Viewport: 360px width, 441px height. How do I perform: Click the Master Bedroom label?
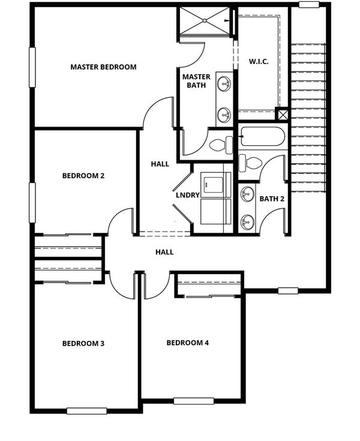click(x=103, y=67)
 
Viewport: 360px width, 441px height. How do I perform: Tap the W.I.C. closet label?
click(x=259, y=61)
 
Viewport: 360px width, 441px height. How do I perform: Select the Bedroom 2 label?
click(x=83, y=176)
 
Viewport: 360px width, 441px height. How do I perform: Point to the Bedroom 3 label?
click(x=83, y=343)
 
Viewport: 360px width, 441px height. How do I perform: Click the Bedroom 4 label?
click(x=188, y=343)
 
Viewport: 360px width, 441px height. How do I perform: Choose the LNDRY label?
click(x=188, y=195)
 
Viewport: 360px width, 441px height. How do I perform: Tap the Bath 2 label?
click(x=272, y=199)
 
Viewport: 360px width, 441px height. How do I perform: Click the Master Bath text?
click(x=196, y=81)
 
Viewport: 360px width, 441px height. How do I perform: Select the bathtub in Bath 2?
click(x=262, y=136)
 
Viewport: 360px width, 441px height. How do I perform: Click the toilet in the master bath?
click(x=221, y=145)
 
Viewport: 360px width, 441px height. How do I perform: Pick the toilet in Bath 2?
click(x=250, y=163)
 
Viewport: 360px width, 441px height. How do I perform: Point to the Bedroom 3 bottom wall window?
click(x=86, y=411)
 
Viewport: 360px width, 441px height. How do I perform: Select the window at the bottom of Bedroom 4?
click(x=193, y=401)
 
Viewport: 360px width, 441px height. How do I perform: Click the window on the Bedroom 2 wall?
click(x=32, y=203)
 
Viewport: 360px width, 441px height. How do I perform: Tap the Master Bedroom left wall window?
click(x=32, y=67)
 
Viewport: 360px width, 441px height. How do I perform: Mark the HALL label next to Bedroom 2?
click(x=160, y=164)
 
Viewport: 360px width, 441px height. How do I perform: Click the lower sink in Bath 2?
click(x=247, y=221)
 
